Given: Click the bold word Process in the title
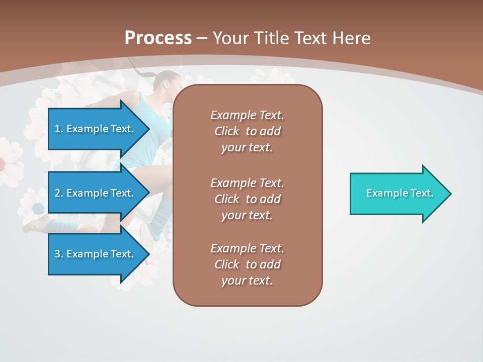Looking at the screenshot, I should [x=158, y=38].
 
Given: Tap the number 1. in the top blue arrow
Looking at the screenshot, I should [x=59, y=129].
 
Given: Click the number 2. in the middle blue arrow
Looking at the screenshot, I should [x=59, y=193].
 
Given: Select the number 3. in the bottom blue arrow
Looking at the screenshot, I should [x=59, y=254].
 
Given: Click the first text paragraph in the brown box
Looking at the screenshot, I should [x=247, y=131].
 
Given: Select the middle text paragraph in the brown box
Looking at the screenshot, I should [x=247, y=199].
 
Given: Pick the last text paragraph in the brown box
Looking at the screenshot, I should [x=247, y=264].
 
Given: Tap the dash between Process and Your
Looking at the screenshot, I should [x=202, y=38].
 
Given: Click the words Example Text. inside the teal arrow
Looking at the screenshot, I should [x=400, y=193].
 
